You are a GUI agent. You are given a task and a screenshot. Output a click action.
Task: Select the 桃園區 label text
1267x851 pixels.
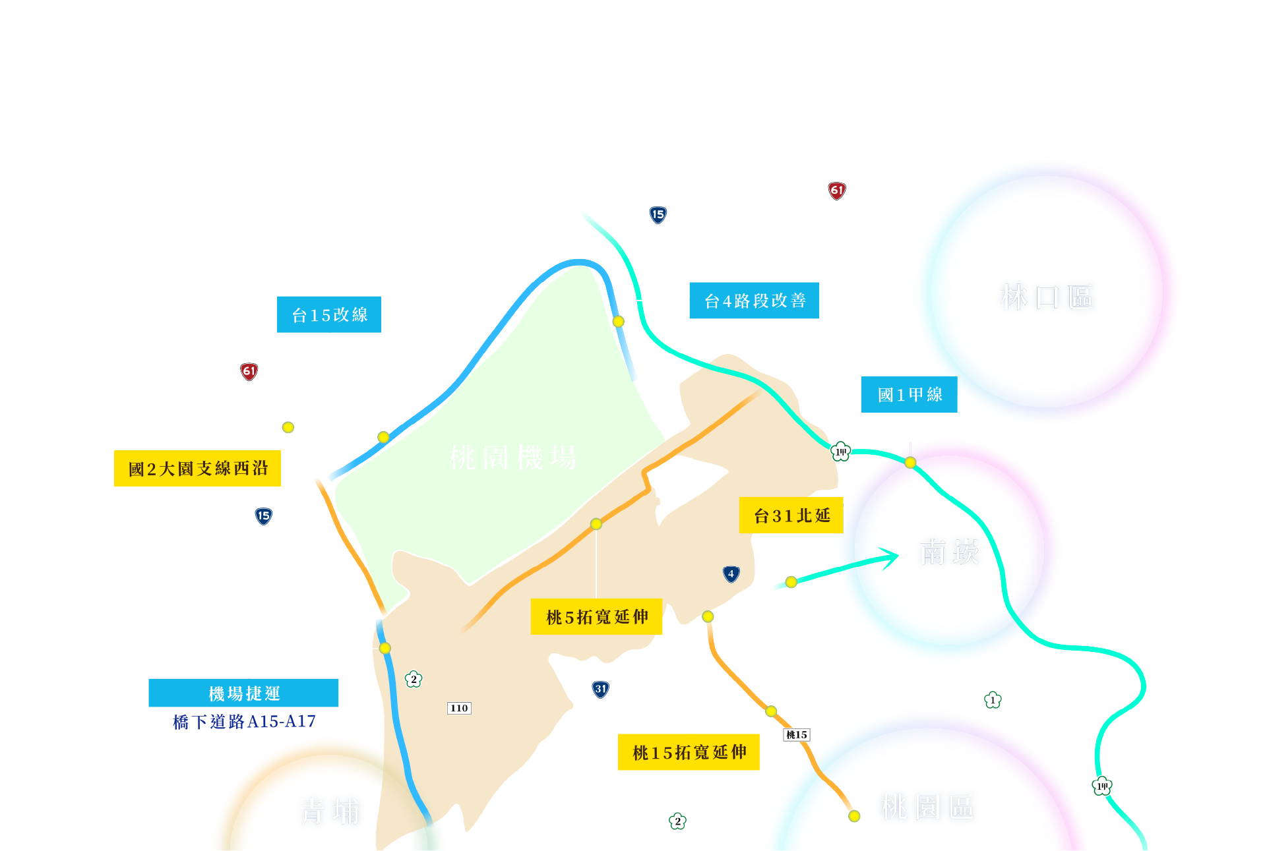click(x=927, y=807)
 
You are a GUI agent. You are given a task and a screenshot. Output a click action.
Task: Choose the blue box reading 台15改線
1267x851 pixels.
click(x=329, y=314)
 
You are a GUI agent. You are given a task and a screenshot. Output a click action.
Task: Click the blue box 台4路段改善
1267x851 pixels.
click(x=754, y=301)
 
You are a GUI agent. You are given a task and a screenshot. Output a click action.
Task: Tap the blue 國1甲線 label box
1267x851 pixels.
click(x=909, y=394)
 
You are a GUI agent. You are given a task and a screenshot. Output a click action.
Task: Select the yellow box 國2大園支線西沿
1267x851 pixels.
click(x=197, y=469)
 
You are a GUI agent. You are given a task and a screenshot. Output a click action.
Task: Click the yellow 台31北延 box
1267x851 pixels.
click(x=791, y=515)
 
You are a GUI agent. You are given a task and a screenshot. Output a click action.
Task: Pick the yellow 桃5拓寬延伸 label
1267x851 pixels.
click(x=596, y=617)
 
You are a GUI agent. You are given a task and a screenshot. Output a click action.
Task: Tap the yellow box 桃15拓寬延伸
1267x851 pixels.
click(x=689, y=752)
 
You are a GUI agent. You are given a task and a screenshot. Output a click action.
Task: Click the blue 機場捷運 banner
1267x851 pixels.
click(x=243, y=693)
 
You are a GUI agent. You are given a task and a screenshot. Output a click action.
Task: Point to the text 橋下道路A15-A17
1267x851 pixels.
click(x=244, y=722)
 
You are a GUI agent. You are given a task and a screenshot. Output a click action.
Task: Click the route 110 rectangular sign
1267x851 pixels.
click(x=459, y=708)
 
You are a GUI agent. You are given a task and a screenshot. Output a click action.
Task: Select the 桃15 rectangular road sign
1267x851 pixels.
click(x=797, y=734)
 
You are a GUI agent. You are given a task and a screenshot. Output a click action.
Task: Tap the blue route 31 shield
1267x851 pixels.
click(x=600, y=690)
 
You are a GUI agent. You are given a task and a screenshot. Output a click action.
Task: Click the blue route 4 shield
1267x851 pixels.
click(x=731, y=574)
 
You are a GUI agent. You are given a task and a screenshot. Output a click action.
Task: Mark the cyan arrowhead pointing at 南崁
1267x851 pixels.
click(x=892, y=558)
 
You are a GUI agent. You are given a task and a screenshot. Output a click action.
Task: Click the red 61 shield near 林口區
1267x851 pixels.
click(x=837, y=191)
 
